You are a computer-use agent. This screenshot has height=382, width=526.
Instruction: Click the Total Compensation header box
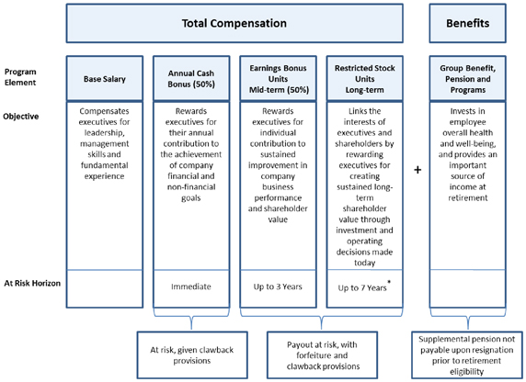pos(234,23)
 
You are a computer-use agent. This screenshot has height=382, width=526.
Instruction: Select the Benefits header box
pos(468,23)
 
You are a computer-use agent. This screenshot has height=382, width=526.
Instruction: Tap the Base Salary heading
pos(105,79)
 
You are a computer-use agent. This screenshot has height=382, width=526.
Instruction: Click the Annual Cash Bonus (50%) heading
pos(191,79)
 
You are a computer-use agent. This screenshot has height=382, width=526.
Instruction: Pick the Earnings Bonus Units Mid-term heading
pos(278,79)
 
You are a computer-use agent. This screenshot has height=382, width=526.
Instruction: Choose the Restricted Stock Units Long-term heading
pos(365,79)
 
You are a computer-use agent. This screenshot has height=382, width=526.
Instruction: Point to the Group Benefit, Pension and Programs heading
pos(468,79)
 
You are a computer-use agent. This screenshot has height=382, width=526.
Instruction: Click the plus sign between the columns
pos(417,170)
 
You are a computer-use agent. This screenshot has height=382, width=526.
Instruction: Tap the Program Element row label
pos(20,77)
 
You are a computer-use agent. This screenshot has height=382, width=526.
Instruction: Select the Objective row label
pos(21,117)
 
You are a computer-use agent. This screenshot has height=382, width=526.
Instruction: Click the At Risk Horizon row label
pos(32,283)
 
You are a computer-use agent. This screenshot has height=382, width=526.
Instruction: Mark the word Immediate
pos(191,286)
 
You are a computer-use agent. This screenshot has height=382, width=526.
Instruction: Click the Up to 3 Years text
pos(278,286)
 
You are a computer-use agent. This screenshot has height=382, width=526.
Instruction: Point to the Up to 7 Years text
pos(362,287)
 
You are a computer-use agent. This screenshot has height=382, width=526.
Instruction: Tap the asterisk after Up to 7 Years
pos(389,282)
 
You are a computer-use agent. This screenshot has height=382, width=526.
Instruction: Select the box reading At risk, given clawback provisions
pos(192,355)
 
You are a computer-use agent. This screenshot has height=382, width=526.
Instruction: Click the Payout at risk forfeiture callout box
pos(322,355)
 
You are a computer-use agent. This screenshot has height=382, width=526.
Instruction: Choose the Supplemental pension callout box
pos(467,355)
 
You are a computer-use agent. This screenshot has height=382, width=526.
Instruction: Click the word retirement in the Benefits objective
pos(468,197)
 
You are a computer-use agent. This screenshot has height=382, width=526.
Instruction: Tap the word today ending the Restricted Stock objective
pos(365,263)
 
